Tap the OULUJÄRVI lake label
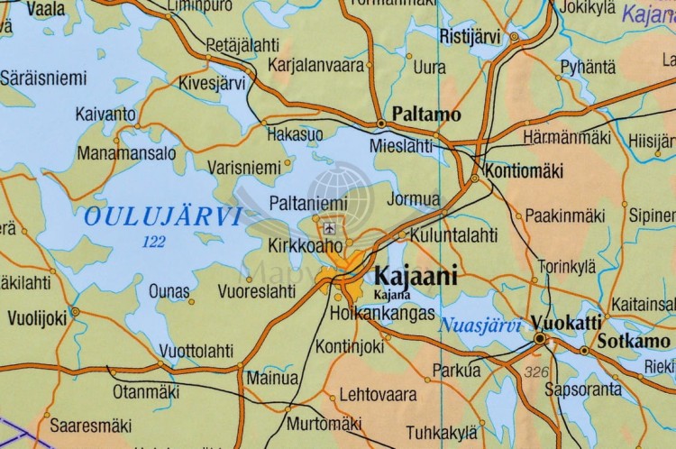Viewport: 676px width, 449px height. (x=162, y=216)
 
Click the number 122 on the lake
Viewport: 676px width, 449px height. (x=154, y=242)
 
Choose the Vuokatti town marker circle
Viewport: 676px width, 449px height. (x=540, y=339)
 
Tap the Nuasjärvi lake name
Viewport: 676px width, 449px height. (x=480, y=325)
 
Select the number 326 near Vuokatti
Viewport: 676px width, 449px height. (x=535, y=371)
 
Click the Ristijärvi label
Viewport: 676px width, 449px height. (x=470, y=36)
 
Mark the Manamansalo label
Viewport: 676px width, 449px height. (x=126, y=153)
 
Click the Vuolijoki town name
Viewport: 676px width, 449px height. (x=37, y=317)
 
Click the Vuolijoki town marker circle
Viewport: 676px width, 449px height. (x=75, y=312)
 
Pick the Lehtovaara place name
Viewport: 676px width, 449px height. (x=378, y=395)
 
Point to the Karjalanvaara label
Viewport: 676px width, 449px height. (x=316, y=65)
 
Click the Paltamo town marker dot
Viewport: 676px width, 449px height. (x=382, y=123)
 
